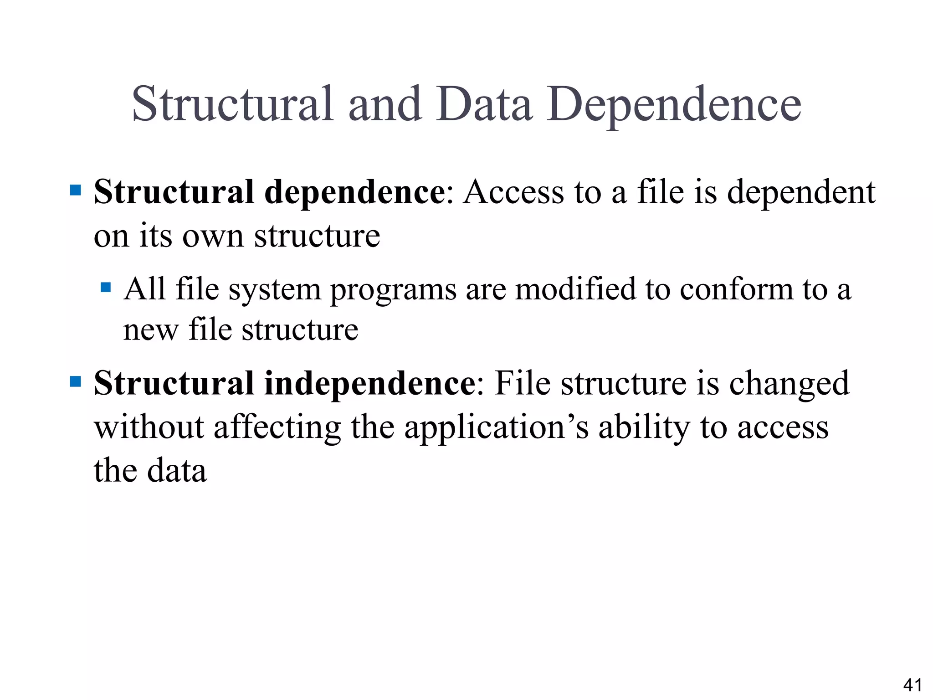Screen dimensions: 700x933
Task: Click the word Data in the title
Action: pyautogui.click(x=484, y=104)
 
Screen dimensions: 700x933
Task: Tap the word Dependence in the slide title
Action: pyautogui.click(x=674, y=106)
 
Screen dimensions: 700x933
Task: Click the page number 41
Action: pyautogui.click(x=912, y=685)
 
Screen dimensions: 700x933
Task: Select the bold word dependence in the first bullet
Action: pyautogui.click(x=355, y=192)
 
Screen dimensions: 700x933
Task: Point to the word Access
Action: pyautogui.click(x=513, y=192)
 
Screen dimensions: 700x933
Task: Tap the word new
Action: pyautogui.click(x=150, y=330)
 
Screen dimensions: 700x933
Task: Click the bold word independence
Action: pyautogui.click(x=370, y=383)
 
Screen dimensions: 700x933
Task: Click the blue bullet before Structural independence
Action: pyautogui.click(x=76, y=381)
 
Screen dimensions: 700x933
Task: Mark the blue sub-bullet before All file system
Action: pyautogui.click(x=106, y=287)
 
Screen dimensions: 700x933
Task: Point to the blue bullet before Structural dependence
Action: pyautogui.click(x=76, y=190)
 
